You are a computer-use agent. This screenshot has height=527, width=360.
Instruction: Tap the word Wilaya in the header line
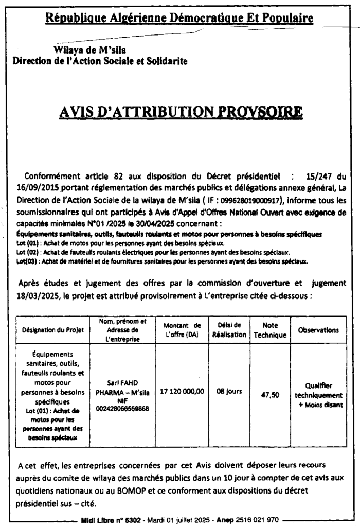69,50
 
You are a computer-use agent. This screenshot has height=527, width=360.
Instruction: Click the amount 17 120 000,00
182,391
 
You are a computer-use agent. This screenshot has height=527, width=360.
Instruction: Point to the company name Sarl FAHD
126,383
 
